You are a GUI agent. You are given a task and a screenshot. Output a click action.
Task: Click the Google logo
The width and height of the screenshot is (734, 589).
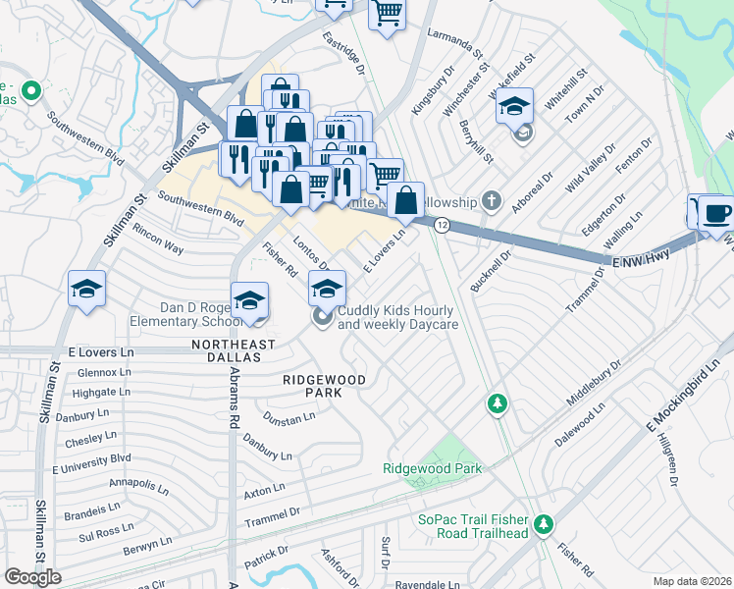(x=33, y=577)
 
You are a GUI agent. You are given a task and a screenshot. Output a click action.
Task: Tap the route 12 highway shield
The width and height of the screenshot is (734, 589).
(x=443, y=226)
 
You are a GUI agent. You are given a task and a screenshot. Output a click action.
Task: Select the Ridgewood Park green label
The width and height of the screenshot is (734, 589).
(x=433, y=469)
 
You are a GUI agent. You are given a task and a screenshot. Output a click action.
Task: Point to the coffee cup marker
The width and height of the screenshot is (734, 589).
(x=715, y=212)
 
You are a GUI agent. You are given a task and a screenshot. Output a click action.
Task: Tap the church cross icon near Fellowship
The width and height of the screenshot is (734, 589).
(x=493, y=202)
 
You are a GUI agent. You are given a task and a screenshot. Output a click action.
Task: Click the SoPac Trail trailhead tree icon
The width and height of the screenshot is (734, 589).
(x=543, y=526)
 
